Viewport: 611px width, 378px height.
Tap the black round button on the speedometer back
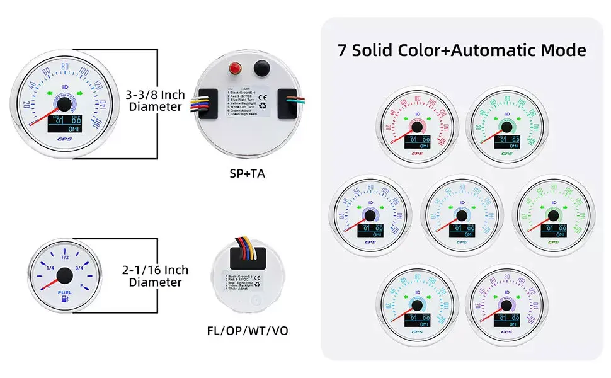point(258,67)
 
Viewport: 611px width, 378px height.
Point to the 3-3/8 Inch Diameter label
point(156,101)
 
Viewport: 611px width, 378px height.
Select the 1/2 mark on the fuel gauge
point(64,258)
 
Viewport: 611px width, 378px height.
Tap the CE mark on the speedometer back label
point(263,97)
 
